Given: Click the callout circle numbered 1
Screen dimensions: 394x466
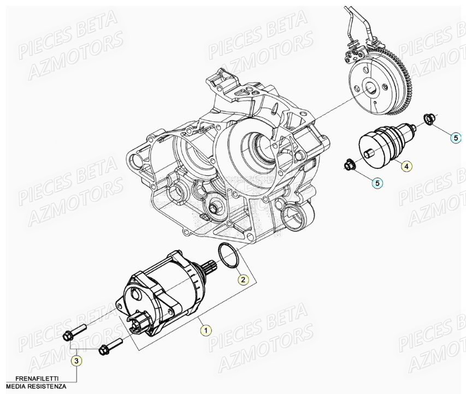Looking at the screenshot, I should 205,330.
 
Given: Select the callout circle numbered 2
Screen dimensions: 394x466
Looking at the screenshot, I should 244,279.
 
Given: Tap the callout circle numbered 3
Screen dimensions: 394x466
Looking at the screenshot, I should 77,360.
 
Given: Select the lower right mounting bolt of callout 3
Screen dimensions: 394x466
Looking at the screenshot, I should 109,346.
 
